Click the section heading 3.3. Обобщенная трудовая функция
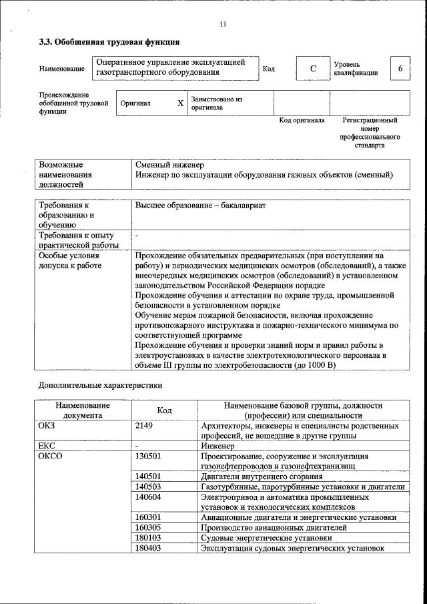point(108,43)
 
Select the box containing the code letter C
point(313,69)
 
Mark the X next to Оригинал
point(180,103)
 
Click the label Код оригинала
point(302,121)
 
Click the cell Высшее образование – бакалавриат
point(200,206)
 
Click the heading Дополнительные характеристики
point(100,385)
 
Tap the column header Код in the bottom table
point(164,410)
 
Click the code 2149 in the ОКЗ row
point(145,425)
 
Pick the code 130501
point(148,456)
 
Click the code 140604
point(148,497)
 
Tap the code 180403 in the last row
point(148,549)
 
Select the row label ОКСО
point(51,456)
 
